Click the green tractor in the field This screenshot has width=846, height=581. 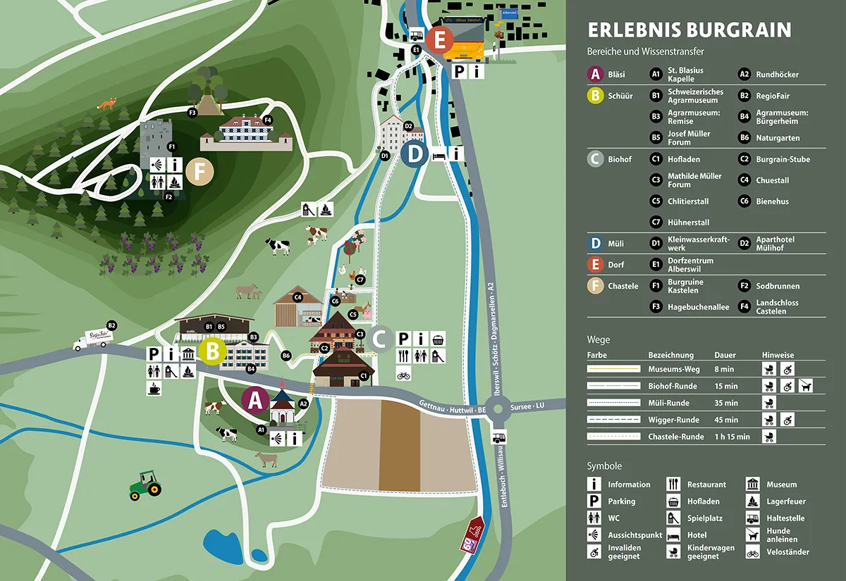tap(145, 485)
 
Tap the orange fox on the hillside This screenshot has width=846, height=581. tap(108, 105)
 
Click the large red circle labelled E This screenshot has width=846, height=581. tap(439, 40)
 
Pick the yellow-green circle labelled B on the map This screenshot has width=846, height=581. tap(211, 351)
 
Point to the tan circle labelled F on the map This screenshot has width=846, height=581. tap(201, 171)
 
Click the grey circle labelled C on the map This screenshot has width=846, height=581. tap(379, 339)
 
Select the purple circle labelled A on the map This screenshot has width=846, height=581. tap(255, 400)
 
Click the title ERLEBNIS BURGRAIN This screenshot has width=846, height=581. tap(689, 30)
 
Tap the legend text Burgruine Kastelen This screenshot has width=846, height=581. tap(685, 286)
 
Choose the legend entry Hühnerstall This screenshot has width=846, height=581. tap(689, 223)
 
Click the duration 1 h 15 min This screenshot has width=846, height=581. tap(732, 437)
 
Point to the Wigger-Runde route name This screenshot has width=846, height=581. tap(673, 420)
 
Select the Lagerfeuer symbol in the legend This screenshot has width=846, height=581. tap(753, 501)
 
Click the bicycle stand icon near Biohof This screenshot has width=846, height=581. tap(403, 375)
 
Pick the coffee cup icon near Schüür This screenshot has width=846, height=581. tap(154, 387)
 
